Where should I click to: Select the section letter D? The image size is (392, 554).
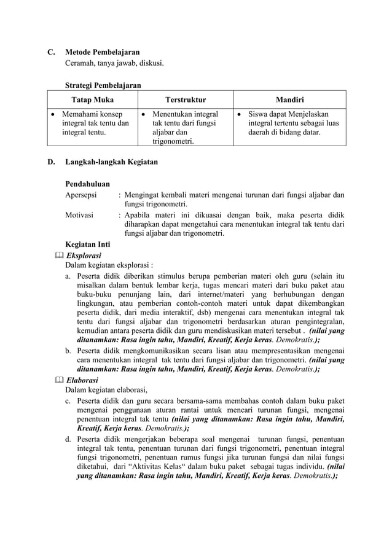click(x=51, y=163)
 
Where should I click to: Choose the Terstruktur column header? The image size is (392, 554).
click(x=186, y=99)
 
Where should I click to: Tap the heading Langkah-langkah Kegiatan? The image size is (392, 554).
click(x=111, y=163)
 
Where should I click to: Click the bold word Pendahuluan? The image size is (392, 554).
click(x=87, y=184)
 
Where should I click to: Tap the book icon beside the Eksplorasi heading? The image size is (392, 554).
click(x=58, y=255)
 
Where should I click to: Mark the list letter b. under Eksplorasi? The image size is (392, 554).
click(x=69, y=351)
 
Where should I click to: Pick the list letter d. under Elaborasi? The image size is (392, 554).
click(x=69, y=439)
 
